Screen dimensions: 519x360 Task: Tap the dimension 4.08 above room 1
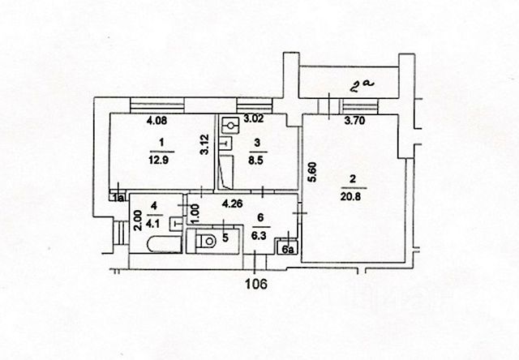tap(157, 122)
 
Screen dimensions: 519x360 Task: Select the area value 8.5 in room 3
tap(258, 159)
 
